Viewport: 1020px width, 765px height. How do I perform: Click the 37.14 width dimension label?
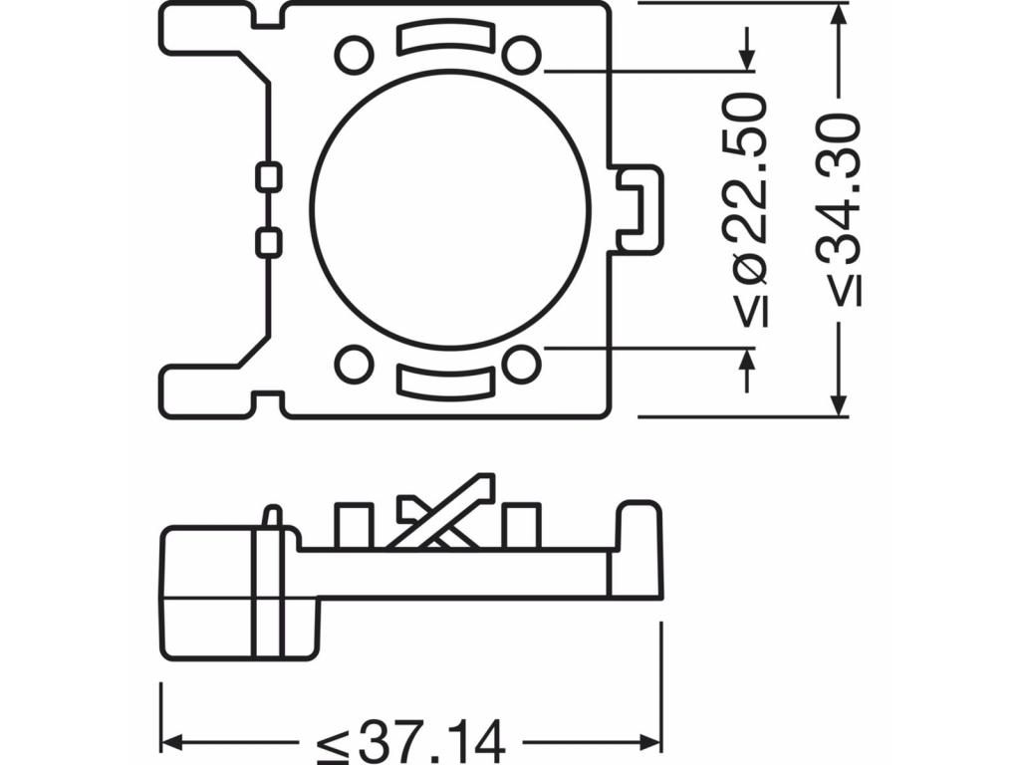tap(411, 741)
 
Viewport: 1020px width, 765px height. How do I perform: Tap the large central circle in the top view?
tap(451, 208)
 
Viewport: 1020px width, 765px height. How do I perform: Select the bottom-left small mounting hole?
tap(355, 364)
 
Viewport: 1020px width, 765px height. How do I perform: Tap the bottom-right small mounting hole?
tap(522, 364)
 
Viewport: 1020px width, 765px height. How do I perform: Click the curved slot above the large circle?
tap(445, 38)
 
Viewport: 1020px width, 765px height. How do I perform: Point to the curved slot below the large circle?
tap(445, 380)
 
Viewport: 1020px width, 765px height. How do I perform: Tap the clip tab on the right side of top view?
tap(639, 208)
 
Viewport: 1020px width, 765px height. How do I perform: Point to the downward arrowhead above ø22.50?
tap(747, 59)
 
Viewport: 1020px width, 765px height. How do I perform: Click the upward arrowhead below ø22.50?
tap(747, 360)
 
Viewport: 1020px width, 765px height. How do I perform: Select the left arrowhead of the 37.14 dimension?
tap(171, 741)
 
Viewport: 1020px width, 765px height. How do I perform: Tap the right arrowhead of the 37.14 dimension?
tap(650, 741)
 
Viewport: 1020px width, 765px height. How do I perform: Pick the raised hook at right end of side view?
tap(639, 548)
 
